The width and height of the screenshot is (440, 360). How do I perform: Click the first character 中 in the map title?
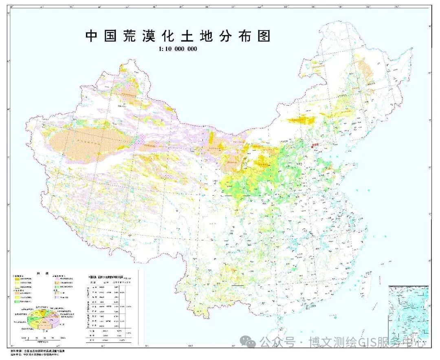tap(91, 36)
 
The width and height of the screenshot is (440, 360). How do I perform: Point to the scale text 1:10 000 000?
tap(178, 49)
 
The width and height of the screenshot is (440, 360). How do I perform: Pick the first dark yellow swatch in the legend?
tap(17, 278)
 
